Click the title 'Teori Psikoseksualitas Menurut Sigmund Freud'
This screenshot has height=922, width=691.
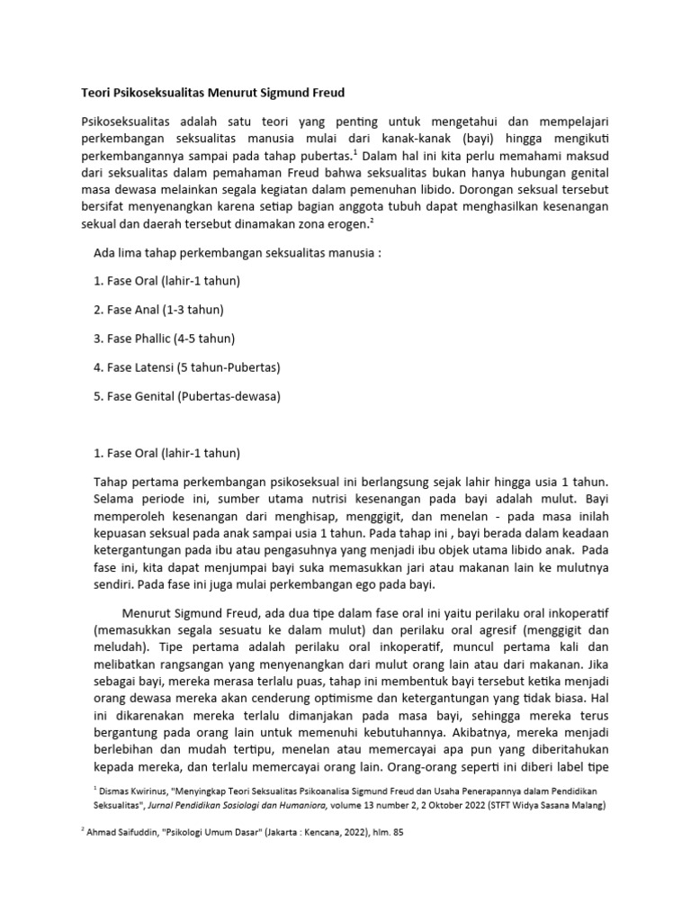pos(213,93)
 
